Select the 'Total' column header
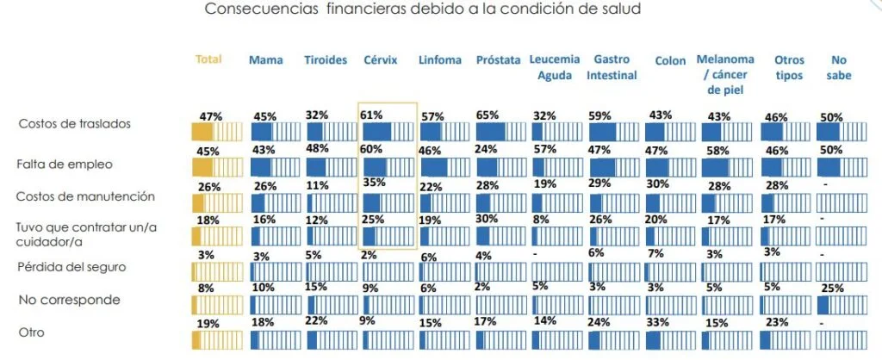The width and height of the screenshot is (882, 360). (208, 59)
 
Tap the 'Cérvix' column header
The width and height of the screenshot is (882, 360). (380, 60)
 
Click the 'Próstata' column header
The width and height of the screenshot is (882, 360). (498, 60)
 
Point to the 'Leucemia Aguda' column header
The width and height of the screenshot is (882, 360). (555, 67)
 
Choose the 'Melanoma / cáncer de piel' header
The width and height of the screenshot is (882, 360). (725, 74)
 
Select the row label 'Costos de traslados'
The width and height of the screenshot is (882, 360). (75, 124)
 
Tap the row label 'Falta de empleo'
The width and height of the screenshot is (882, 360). (65, 163)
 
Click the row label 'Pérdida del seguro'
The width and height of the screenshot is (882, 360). (72, 266)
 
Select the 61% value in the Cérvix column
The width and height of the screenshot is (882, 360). (373, 114)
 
